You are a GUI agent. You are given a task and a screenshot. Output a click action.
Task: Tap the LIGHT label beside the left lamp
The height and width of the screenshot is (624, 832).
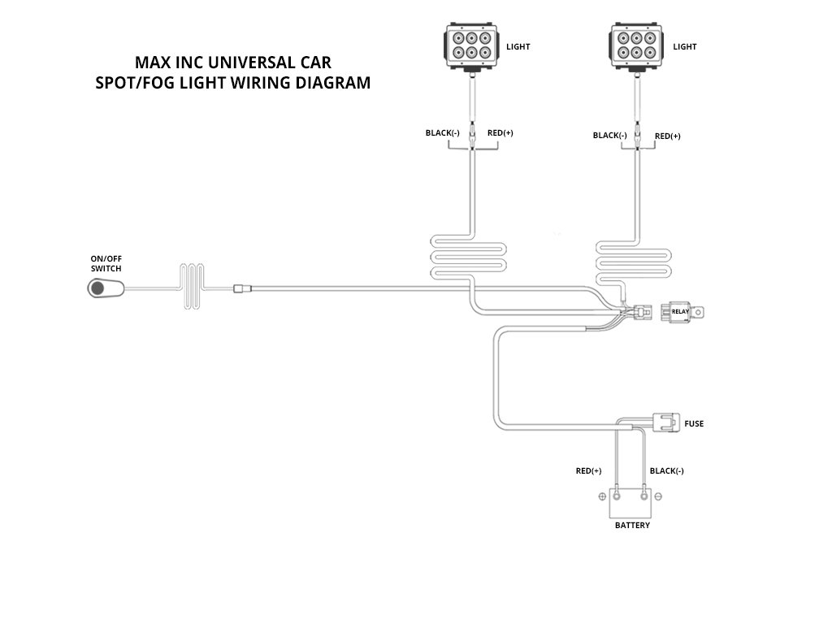point(518,47)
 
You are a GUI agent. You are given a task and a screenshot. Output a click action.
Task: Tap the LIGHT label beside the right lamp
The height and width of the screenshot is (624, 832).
point(685,47)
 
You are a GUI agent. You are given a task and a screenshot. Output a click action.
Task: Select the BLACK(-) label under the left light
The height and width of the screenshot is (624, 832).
point(443,132)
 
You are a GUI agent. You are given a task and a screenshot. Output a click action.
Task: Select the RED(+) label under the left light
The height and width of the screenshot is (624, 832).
point(500,132)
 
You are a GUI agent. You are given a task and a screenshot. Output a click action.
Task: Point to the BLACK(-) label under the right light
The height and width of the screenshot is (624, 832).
point(610,136)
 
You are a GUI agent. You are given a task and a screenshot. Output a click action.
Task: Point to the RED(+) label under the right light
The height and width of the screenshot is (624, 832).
point(668,136)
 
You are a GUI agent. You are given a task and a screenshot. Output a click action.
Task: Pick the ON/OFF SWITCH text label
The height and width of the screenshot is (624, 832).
point(106,263)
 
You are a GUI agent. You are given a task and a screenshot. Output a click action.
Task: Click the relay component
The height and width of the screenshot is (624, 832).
point(678,310)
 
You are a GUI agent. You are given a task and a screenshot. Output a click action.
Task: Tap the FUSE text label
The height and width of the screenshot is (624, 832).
point(694,424)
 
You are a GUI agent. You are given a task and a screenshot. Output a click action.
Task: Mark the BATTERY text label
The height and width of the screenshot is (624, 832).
point(632,526)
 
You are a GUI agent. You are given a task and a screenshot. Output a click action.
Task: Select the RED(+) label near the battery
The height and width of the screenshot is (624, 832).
point(588,471)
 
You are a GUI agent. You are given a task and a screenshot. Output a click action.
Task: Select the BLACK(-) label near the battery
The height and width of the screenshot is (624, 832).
point(667,471)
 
